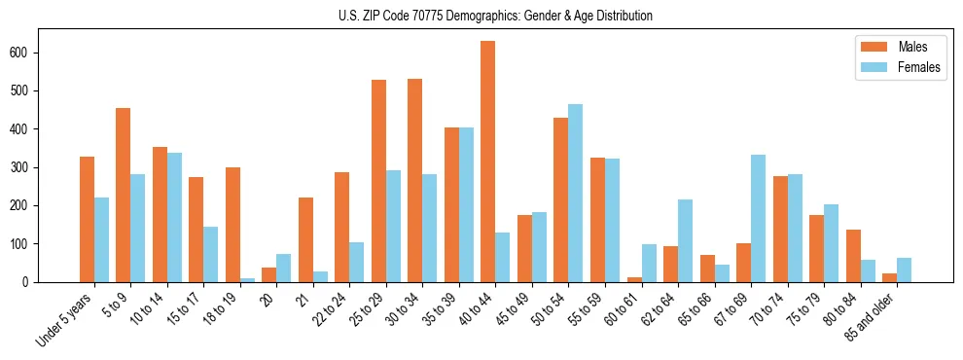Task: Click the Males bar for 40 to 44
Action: [x=488, y=162]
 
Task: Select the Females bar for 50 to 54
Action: [x=576, y=193]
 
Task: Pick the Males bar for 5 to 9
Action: [x=124, y=195]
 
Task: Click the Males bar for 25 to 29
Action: [x=378, y=181]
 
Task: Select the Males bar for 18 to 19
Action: [x=232, y=225]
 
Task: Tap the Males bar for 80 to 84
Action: [x=853, y=256]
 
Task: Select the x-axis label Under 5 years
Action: [x=66, y=318]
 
